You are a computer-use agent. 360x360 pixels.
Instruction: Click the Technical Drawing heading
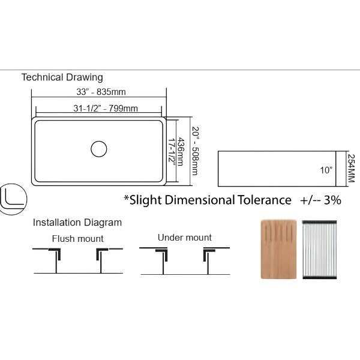point(62,77)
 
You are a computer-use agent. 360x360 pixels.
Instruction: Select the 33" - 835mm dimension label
point(101,92)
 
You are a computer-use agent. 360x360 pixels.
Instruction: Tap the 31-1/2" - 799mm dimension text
point(106,109)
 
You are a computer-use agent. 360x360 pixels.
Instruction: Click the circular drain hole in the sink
point(99,149)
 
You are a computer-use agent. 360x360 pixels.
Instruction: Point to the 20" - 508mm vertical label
point(195,151)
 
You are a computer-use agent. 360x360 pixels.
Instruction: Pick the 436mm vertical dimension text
point(181,152)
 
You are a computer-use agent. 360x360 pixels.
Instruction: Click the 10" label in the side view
point(326,170)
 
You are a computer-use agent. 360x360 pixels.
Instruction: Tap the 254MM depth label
point(351,168)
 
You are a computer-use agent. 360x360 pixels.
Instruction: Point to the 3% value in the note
point(332,200)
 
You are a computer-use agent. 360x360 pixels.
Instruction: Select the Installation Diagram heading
point(77,223)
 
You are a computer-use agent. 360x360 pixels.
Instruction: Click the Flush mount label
point(77,239)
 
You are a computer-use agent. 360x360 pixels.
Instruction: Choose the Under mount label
point(185,238)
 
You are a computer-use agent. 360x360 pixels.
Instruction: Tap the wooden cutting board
point(279,250)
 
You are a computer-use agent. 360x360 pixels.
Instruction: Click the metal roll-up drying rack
point(319,250)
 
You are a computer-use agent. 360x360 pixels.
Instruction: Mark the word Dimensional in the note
point(200,200)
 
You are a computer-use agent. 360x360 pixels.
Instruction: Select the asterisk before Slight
point(126,197)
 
